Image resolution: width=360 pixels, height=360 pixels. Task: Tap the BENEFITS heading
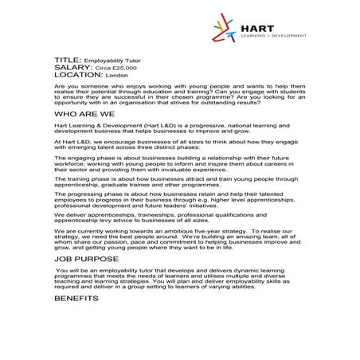pyautogui.click(x=76, y=299)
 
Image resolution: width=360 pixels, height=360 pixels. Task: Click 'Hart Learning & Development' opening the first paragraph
pyautogui.click(x=96, y=125)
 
